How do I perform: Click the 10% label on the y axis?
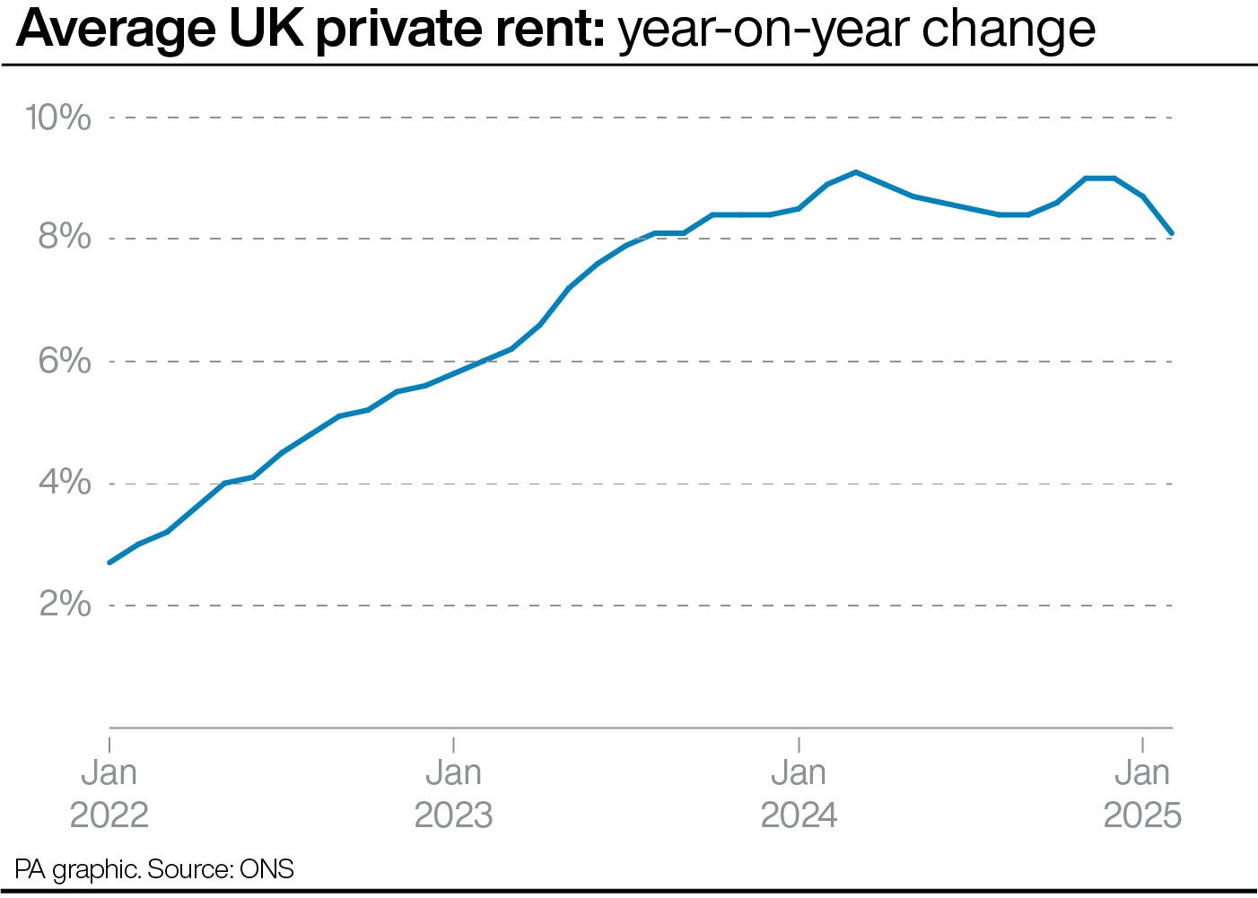point(58,118)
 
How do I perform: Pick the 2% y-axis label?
point(65,605)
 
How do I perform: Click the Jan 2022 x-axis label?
point(109,793)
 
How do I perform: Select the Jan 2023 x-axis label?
point(453,793)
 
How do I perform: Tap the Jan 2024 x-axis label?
point(799,793)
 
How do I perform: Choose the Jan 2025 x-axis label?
point(1141,793)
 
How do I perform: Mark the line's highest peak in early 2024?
point(856,171)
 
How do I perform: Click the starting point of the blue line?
point(109,562)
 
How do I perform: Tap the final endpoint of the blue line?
point(1172,233)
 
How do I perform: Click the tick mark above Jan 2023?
point(453,744)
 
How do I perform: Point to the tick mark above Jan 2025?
point(1141,744)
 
